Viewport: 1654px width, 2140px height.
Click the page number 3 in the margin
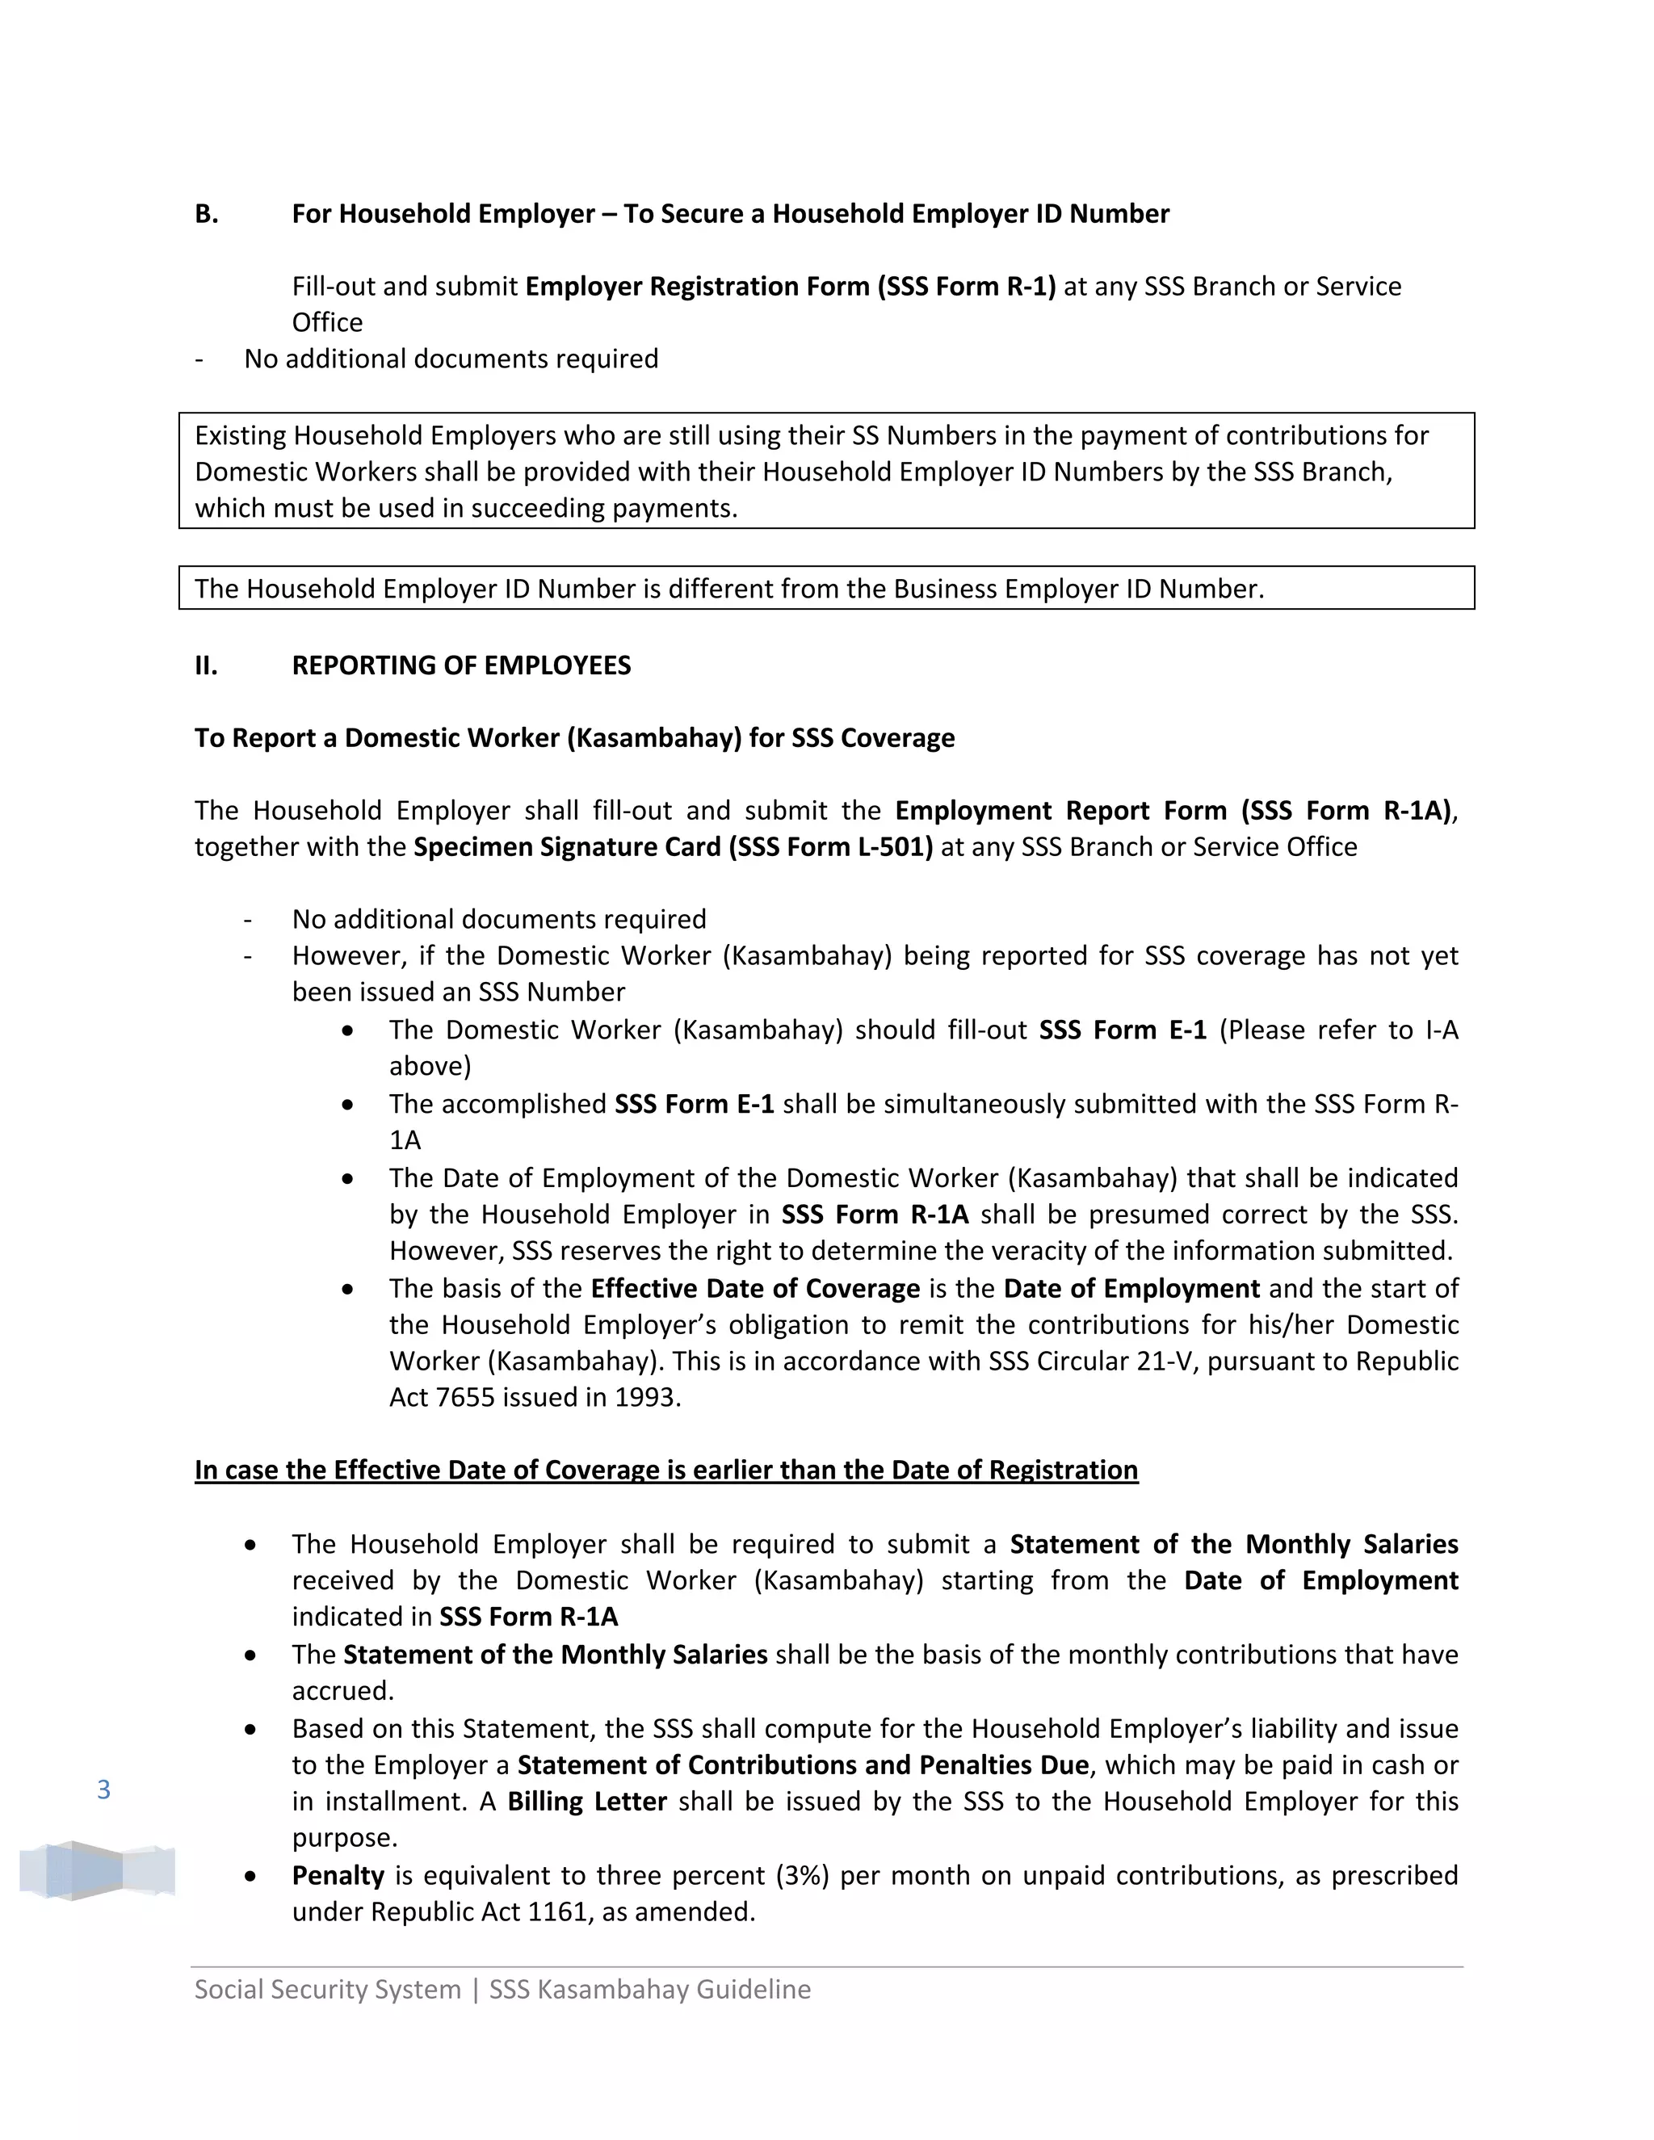pyautogui.click(x=104, y=1790)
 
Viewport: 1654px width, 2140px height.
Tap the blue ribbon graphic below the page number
pyautogui.click(x=97, y=1870)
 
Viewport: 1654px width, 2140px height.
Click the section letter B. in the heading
pyautogui.click(x=206, y=214)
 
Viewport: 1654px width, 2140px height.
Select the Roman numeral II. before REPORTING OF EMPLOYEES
pyautogui.click(x=206, y=665)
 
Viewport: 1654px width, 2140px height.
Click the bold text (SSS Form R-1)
pyautogui.click(x=966, y=286)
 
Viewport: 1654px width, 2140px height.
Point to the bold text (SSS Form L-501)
pyautogui.click(x=830, y=846)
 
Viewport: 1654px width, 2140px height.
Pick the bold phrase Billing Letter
pyautogui.click(x=587, y=1801)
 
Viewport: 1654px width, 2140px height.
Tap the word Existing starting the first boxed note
pyautogui.click(x=240, y=435)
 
